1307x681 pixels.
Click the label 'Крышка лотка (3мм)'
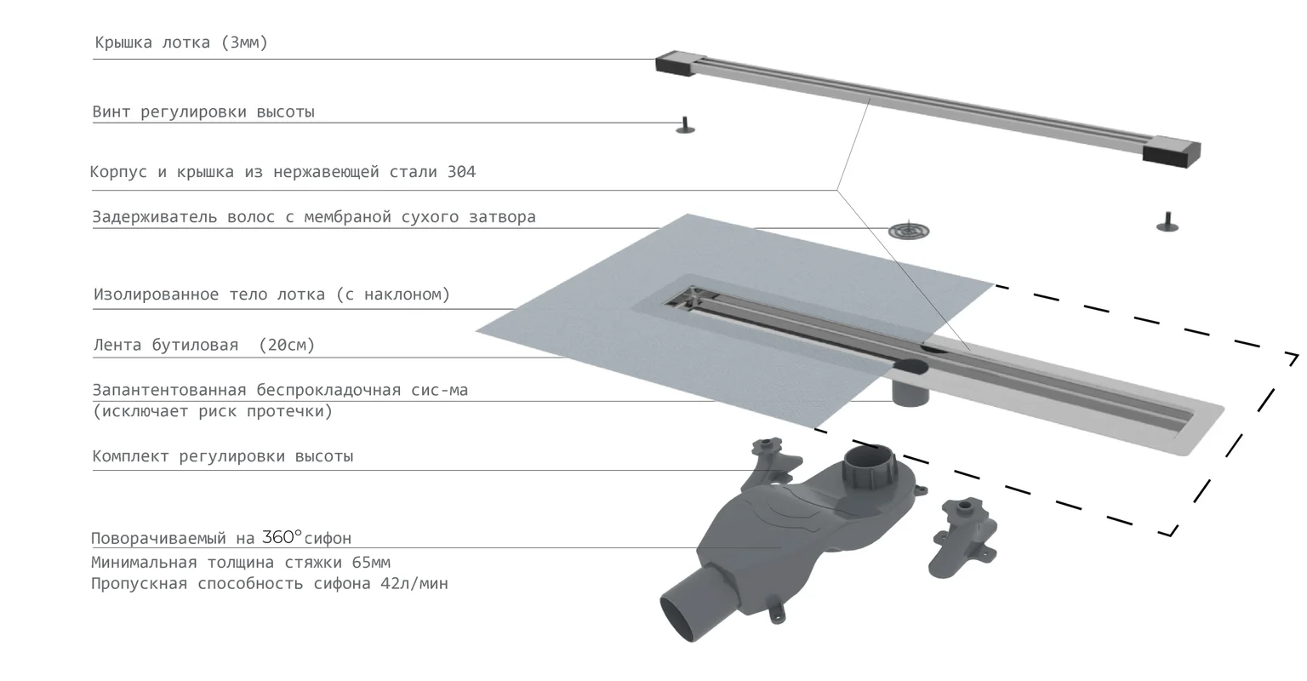(x=180, y=43)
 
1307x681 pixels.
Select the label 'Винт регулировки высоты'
(x=203, y=112)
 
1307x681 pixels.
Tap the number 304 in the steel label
(x=461, y=172)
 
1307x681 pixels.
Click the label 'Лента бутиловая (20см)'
(x=203, y=346)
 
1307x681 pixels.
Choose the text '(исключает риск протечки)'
(x=213, y=412)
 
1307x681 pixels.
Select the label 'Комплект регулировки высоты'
(x=222, y=456)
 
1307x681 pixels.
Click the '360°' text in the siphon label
(x=282, y=537)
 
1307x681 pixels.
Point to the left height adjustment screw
(x=685, y=125)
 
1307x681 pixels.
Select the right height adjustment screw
(x=1167, y=222)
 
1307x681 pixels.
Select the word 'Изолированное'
(x=156, y=295)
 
